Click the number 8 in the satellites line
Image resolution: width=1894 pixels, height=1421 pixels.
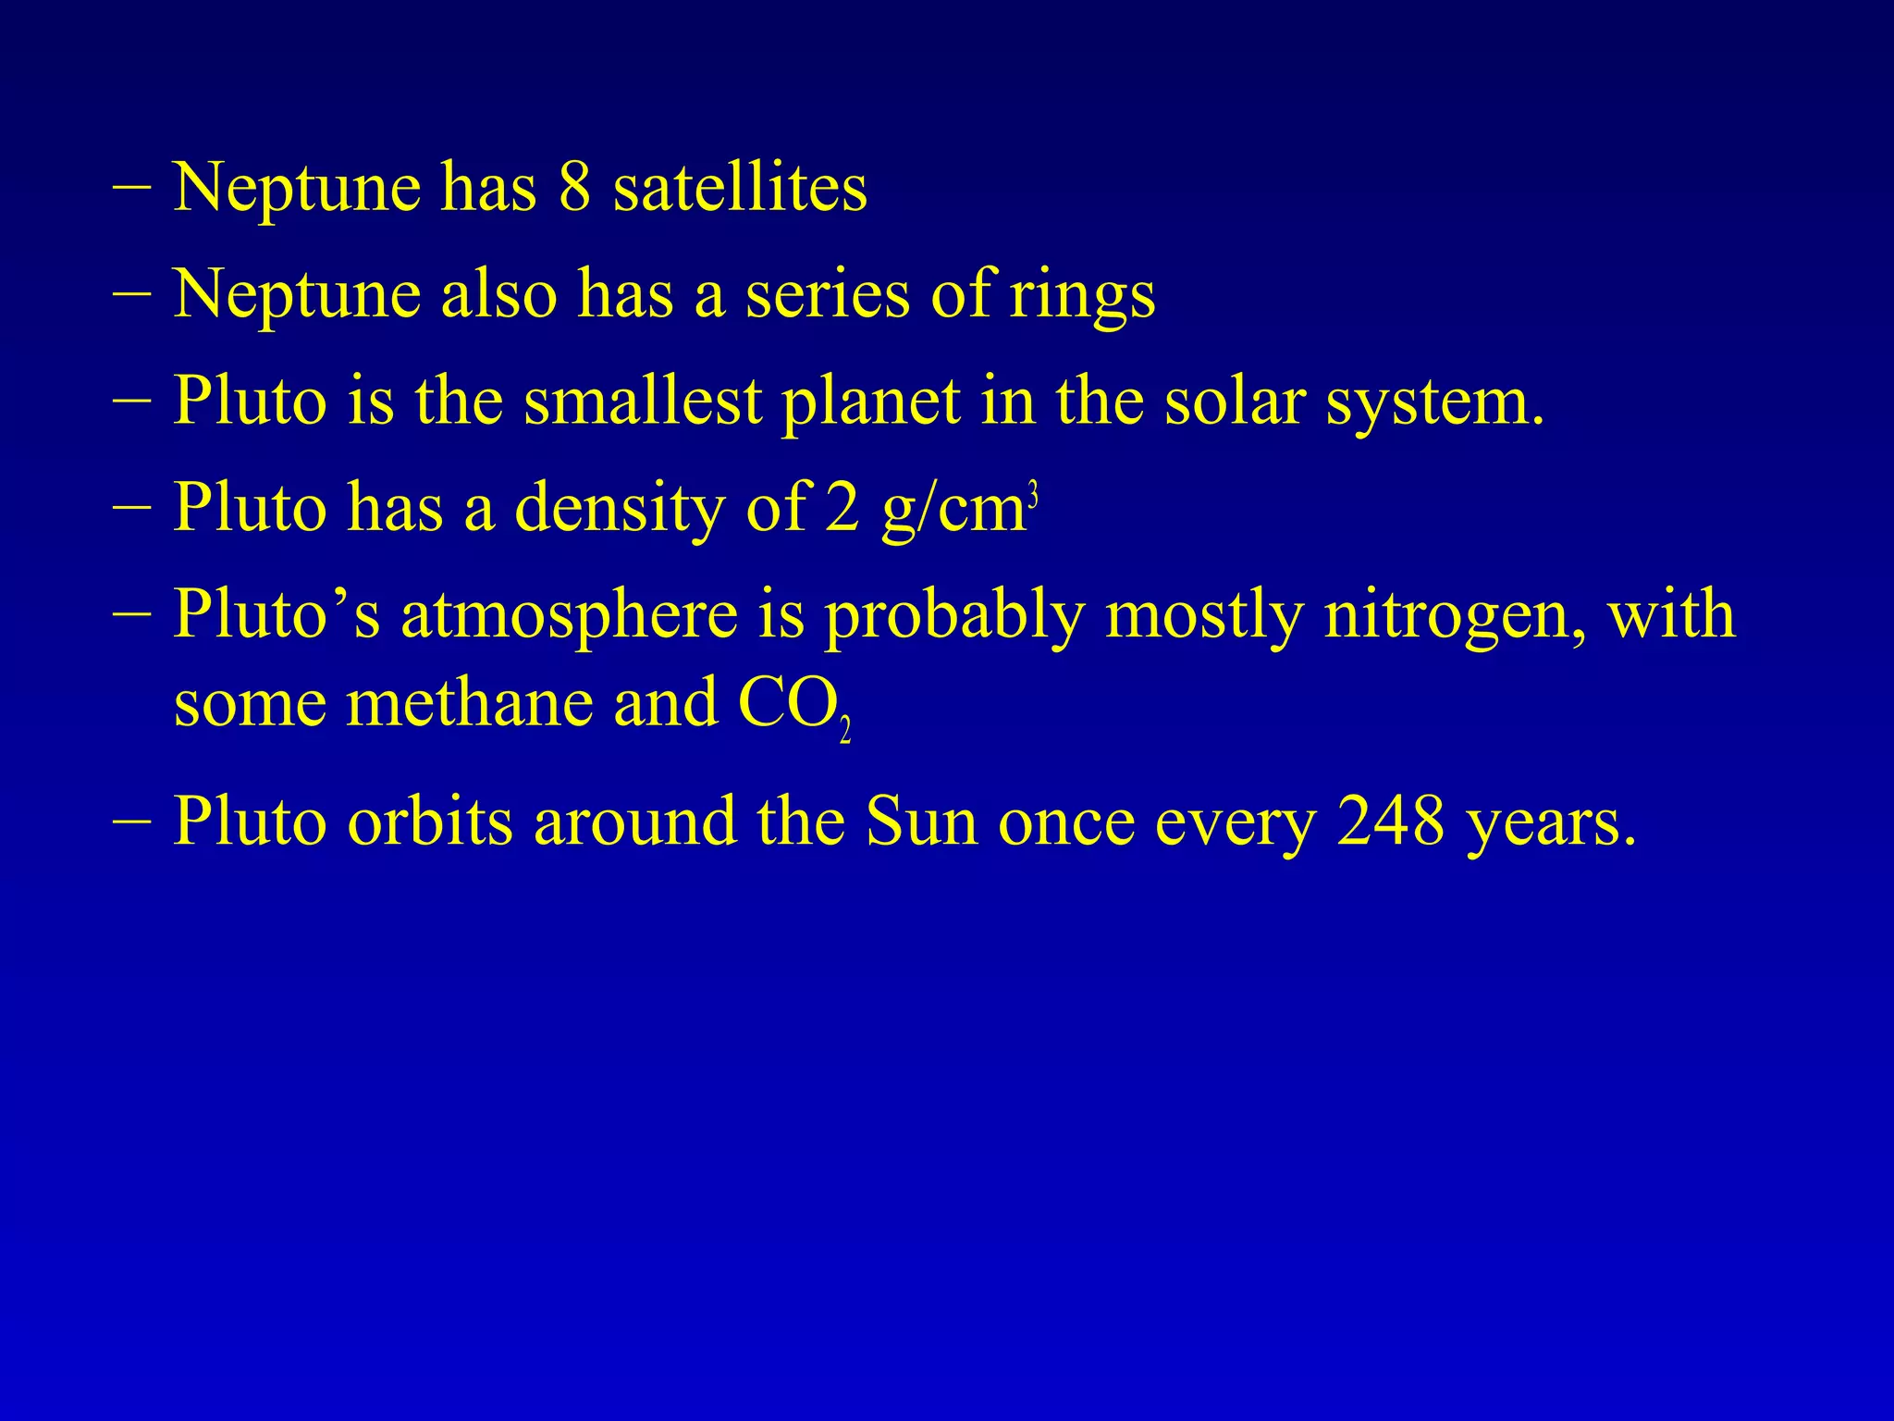(574, 188)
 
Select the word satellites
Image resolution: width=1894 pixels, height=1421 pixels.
(740, 188)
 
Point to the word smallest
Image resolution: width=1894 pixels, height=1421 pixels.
(643, 402)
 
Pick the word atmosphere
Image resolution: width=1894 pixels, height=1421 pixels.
(569, 616)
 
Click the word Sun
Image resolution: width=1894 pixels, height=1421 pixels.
(922, 821)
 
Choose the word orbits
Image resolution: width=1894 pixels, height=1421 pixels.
(429, 821)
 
